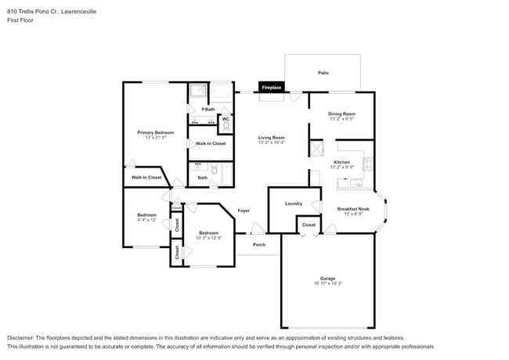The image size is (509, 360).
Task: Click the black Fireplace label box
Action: (271, 87)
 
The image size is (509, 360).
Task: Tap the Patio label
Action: (323, 73)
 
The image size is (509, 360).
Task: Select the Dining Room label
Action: (341, 114)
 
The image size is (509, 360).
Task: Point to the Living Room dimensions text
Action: (271, 143)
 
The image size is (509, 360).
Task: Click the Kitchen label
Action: (341, 162)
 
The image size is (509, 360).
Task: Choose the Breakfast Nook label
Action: (352, 209)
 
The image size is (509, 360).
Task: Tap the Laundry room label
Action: (294, 203)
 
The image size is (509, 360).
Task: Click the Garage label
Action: (327, 278)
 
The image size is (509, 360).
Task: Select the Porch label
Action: (259, 244)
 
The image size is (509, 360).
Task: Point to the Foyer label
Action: (244, 211)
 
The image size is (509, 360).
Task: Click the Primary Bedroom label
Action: (155, 132)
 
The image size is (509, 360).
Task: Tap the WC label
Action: (226, 119)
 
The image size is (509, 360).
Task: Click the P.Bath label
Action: (208, 109)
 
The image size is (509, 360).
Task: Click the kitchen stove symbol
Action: (368, 164)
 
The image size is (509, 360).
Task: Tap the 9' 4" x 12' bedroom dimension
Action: (147, 221)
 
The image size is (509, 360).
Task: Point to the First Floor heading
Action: (20, 20)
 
